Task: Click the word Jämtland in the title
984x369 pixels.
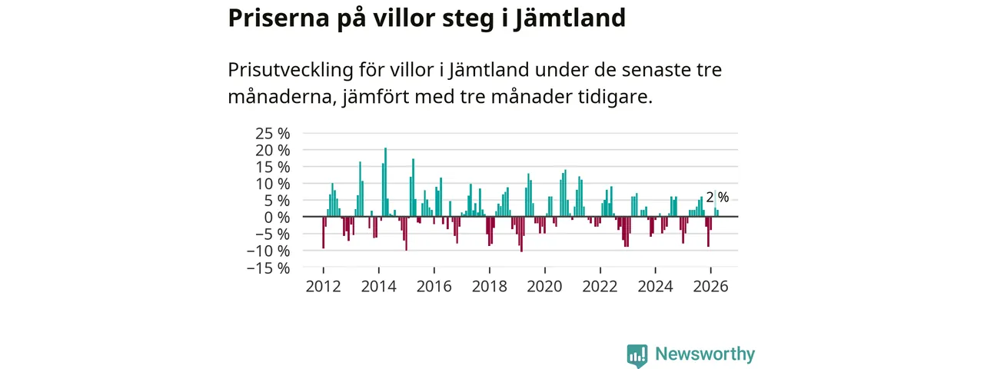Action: click(x=570, y=18)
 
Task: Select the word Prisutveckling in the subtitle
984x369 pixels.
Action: click(x=291, y=70)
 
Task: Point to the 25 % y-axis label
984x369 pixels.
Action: click(x=272, y=133)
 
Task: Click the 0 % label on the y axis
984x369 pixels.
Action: click(x=277, y=217)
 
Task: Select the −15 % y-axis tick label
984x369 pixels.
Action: click(x=268, y=268)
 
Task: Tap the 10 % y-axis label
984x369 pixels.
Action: click(x=272, y=184)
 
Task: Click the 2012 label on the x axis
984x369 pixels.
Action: click(x=324, y=287)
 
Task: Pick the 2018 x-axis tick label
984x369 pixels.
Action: click(x=490, y=287)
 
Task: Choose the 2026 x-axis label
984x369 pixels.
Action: click(x=711, y=287)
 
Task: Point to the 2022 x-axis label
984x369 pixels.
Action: click(x=600, y=287)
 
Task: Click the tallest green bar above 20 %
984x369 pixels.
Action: click(x=386, y=182)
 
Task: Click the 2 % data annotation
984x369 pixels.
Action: click(x=718, y=198)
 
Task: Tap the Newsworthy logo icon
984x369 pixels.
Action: click(x=637, y=356)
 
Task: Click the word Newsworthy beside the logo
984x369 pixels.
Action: click(x=705, y=354)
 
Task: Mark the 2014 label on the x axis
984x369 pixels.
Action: click(x=379, y=287)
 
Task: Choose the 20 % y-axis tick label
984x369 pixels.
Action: click(x=272, y=150)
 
